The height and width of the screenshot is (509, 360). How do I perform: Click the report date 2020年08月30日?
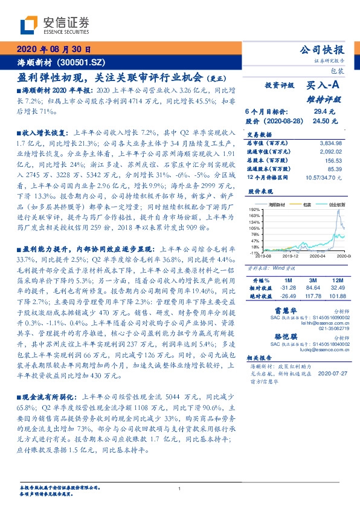tap(53, 50)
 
